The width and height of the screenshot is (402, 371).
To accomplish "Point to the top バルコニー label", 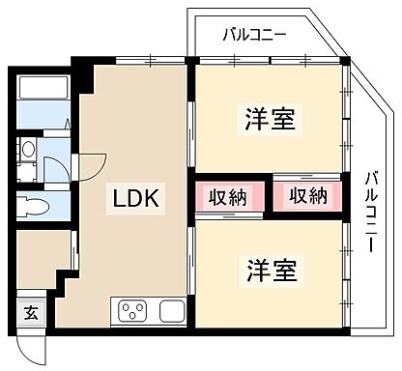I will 254,36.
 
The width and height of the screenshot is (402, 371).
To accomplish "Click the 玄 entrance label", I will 31,312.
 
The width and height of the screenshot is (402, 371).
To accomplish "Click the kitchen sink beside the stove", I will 170,311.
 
